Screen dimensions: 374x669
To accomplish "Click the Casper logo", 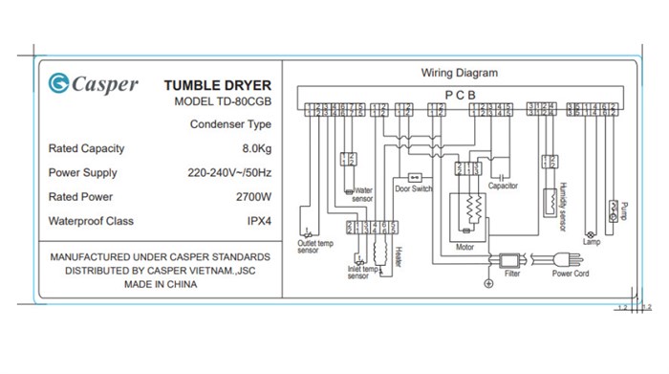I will [93, 84].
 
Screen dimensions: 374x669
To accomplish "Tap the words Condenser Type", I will [230, 124].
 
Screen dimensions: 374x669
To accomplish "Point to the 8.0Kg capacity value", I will [256, 149].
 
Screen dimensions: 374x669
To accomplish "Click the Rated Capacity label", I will [86, 149].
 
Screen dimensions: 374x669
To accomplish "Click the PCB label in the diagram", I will [460, 94].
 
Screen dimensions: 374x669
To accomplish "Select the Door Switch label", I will [414, 189].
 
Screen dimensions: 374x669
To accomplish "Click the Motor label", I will [464, 247].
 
